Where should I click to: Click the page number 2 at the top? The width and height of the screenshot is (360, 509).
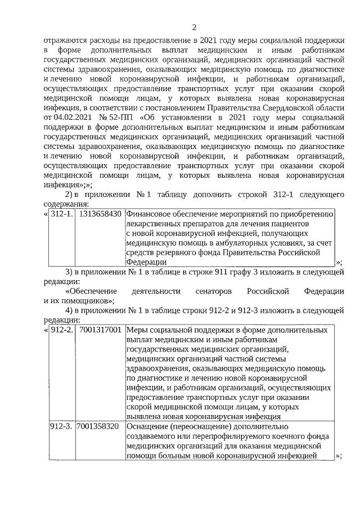[194, 27]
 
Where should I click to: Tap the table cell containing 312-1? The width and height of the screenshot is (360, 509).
[61, 214]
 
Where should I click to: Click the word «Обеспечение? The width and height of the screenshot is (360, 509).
[91, 291]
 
